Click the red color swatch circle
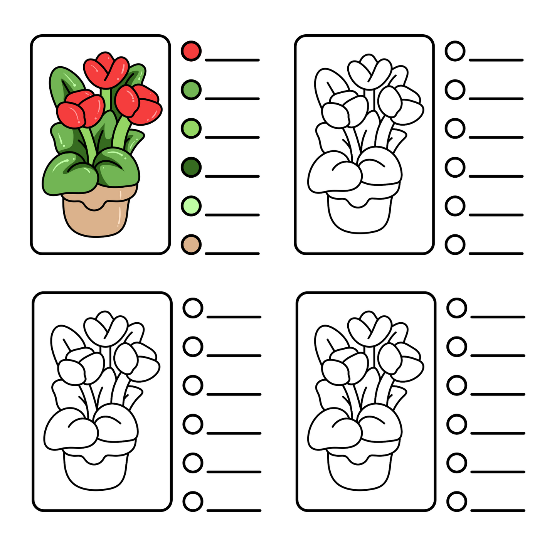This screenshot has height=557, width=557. pyautogui.click(x=191, y=51)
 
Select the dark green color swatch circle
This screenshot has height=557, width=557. pyautogui.click(x=191, y=167)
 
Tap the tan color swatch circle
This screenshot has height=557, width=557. pyautogui.click(x=191, y=244)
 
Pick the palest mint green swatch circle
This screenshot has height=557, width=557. pyautogui.click(x=191, y=206)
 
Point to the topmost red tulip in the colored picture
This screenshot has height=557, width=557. pyautogui.click(x=106, y=71)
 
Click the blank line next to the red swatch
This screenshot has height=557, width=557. pyautogui.click(x=232, y=60)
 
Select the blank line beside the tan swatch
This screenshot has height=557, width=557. pyautogui.click(x=232, y=253)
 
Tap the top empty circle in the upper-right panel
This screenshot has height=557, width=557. pyautogui.click(x=455, y=51)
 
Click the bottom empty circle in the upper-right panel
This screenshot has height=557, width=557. pyautogui.click(x=455, y=244)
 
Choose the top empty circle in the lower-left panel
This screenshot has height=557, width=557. pyautogui.click(x=193, y=308)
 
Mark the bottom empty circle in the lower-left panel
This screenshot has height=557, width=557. pyautogui.click(x=193, y=501)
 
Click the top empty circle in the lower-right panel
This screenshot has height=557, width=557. pyautogui.click(x=457, y=308)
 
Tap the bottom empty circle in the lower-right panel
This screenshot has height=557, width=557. pyautogui.click(x=457, y=501)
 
